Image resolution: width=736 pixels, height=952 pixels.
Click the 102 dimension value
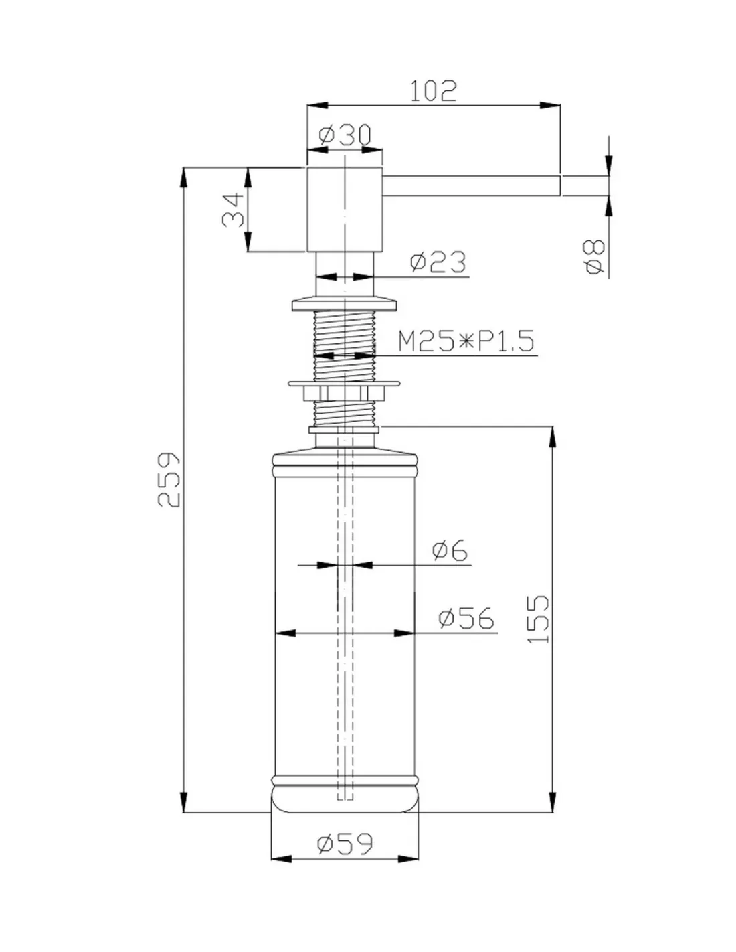point(433,90)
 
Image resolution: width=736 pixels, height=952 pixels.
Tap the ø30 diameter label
point(345,135)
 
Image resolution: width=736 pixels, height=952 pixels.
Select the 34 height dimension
point(233,210)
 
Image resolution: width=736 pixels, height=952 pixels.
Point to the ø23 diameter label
point(438,262)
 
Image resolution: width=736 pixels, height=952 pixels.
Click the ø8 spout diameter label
point(595,257)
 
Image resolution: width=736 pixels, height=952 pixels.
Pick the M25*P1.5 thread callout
point(466,341)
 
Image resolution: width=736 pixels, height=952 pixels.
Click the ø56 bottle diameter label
point(466,618)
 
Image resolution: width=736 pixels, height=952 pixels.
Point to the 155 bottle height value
point(538,619)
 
